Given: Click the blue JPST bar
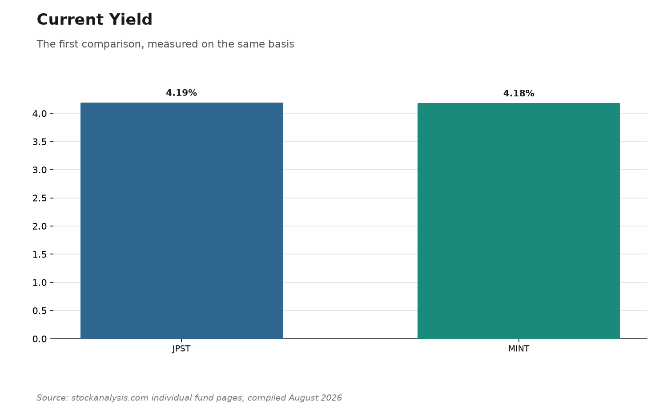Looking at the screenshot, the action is click(181, 221).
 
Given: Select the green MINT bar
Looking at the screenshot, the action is click(518, 221).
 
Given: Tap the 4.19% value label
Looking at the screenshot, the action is click(181, 93).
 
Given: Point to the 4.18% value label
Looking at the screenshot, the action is click(518, 93).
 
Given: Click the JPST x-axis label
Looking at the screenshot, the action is click(181, 349).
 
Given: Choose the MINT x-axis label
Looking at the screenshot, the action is click(518, 349).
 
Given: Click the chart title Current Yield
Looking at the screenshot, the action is click(94, 20).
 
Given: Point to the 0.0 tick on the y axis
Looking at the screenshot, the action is click(40, 339).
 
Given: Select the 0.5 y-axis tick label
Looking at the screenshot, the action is click(40, 311).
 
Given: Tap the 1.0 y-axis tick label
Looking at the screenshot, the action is click(40, 282).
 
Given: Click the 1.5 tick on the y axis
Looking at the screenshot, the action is click(40, 254).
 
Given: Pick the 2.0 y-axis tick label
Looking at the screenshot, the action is click(40, 226).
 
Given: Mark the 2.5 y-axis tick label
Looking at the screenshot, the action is click(40, 198).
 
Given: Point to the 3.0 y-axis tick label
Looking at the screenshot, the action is click(40, 170).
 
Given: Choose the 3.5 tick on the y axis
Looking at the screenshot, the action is click(40, 142).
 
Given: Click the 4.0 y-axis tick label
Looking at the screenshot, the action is click(40, 114).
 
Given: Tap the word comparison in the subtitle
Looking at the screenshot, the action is click(114, 44).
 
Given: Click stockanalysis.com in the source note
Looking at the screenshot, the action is click(109, 398).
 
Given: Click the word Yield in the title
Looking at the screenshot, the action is click(131, 20).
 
